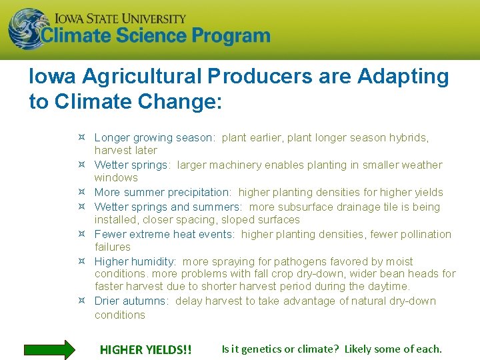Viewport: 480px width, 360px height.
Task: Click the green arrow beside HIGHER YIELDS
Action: (50, 349)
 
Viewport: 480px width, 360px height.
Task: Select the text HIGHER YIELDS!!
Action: (145, 349)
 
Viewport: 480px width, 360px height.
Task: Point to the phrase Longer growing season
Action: (153, 137)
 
